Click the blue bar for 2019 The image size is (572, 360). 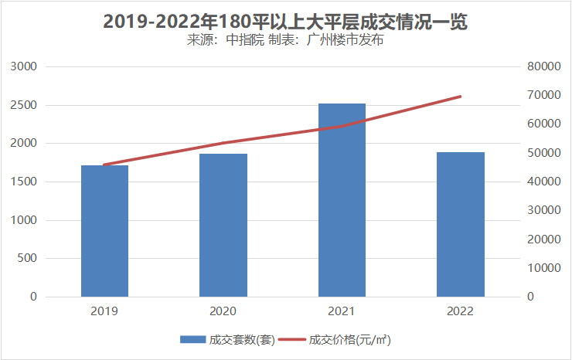tap(104, 231)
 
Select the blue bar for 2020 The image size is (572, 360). tap(223, 225)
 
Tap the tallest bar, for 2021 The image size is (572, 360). tap(342, 200)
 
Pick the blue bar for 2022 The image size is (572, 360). tap(460, 224)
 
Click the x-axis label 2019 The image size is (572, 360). tap(104, 311)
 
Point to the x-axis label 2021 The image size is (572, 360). tap(342, 311)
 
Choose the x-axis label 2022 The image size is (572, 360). tap(460, 311)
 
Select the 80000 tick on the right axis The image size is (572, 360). tap(543, 67)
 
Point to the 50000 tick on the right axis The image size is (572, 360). tap(543, 153)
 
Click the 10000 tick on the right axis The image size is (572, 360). tap(543, 268)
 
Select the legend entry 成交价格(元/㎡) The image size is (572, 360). tap(349, 340)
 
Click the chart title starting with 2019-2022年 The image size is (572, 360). tap(286, 22)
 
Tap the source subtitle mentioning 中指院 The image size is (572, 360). tap(286, 40)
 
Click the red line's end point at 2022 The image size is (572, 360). tap(460, 97)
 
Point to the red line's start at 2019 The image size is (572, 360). tap(104, 165)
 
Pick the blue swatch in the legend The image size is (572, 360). tap(192, 340)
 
